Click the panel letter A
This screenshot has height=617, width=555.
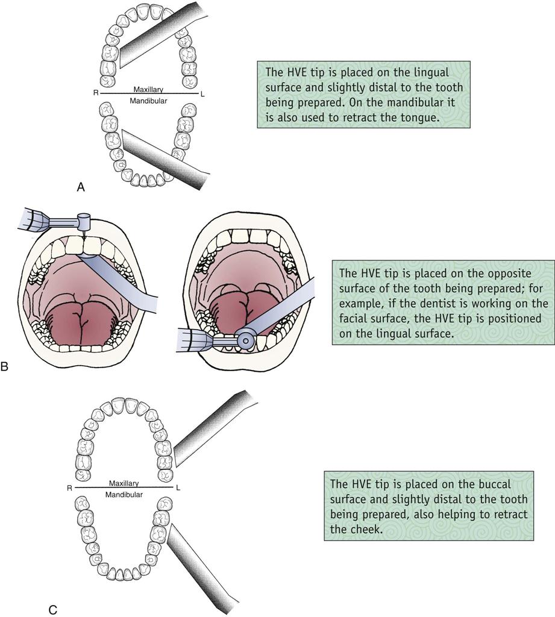click(81, 188)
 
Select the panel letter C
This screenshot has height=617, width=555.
click(52, 610)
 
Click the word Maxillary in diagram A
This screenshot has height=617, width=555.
click(149, 89)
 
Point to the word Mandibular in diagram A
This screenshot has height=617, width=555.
click(149, 101)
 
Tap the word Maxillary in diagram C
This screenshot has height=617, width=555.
click(124, 483)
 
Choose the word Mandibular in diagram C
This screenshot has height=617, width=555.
click(124, 495)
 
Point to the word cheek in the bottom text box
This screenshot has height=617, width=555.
click(359, 529)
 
